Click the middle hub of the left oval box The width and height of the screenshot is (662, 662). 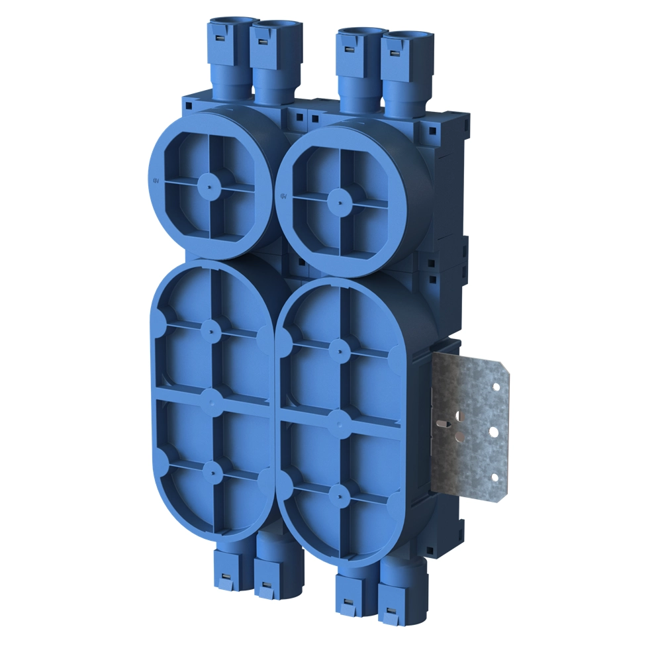[x=212, y=398]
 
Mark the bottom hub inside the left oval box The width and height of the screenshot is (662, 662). [x=213, y=469]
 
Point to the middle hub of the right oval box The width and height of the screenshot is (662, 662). [x=339, y=418]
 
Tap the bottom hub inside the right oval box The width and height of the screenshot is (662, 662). [x=339, y=491]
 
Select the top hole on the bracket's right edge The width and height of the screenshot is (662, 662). [x=495, y=388]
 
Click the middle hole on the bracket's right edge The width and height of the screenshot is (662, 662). [x=493, y=432]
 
